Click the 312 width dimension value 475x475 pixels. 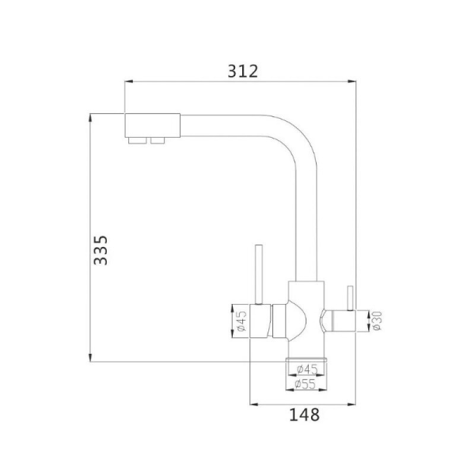243,71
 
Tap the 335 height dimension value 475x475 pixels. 100,250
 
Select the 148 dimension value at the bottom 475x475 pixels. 304,414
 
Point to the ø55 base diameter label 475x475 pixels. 305,384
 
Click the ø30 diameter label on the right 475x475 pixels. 376,321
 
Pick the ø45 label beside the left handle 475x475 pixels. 242,321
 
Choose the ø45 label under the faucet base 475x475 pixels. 308,369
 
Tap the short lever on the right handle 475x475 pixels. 350,298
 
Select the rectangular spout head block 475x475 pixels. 153,125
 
